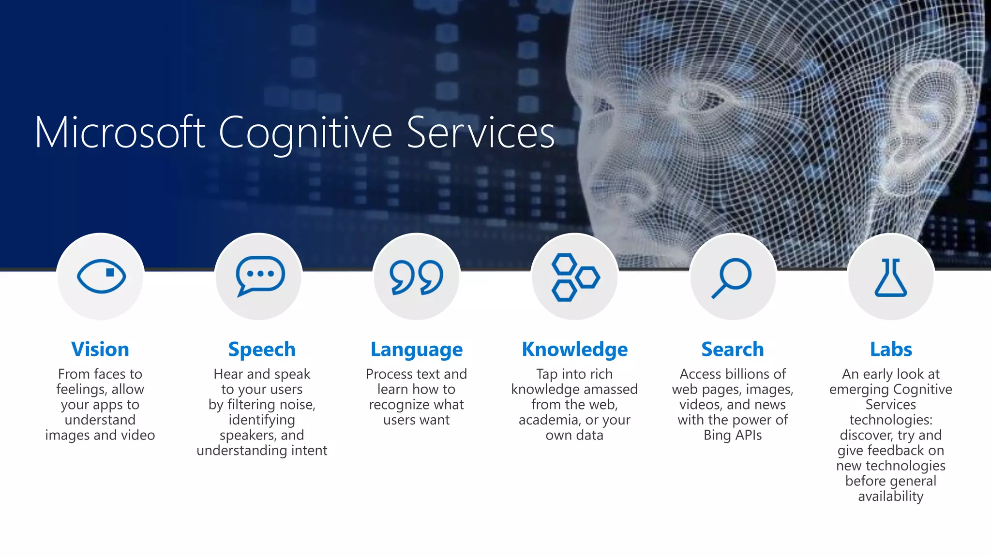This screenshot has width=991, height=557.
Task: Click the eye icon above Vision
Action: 101,276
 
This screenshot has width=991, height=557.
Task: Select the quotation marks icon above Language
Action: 417,277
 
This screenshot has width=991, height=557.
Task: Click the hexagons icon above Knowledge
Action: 575,277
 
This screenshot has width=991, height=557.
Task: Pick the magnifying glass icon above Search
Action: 732,278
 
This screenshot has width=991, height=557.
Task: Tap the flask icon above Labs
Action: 890,277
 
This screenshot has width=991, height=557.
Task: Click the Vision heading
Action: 100,349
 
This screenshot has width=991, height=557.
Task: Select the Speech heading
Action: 262,350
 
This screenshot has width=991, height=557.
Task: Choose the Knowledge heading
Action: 575,350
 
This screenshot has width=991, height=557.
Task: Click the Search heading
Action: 733,349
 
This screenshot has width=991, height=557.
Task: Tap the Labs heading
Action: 891,349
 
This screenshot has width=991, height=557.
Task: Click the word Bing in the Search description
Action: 717,435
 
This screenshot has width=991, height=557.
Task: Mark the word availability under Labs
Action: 891,497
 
